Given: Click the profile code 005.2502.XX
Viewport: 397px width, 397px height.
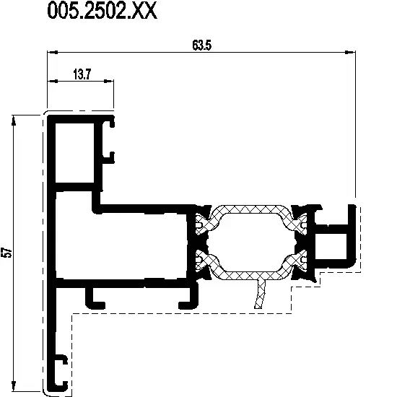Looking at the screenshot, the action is [x=102, y=10].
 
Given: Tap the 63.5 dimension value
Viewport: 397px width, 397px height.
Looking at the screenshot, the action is [x=202, y=45].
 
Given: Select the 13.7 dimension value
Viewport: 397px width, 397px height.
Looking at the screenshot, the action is [x=82, y=74].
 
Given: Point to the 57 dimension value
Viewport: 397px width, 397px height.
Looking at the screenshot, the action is [x=8, y=253].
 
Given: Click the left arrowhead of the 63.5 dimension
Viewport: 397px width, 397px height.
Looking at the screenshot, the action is [x=53, y=52].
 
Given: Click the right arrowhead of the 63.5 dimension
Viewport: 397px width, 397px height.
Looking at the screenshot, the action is [x=350, y=52].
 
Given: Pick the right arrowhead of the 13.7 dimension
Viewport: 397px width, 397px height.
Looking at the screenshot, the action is [x=108, y=81].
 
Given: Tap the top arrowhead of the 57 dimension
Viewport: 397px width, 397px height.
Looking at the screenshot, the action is [x=14, y=121].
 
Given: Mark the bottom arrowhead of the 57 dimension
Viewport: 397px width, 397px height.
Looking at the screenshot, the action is [x=14, y=386].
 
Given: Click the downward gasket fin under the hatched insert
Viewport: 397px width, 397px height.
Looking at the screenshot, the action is [x=260, y=294].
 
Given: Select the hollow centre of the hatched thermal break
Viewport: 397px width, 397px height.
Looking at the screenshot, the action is [x=251, y=243].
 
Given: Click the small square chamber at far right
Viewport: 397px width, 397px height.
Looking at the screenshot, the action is [x=331, y=246].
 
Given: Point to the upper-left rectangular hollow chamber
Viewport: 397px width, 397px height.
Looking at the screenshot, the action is [x=74, y=153].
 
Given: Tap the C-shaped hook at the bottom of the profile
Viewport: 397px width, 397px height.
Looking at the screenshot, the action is [x=61, y=373].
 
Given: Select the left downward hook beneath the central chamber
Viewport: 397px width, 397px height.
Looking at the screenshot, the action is [x=94, y=300].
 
